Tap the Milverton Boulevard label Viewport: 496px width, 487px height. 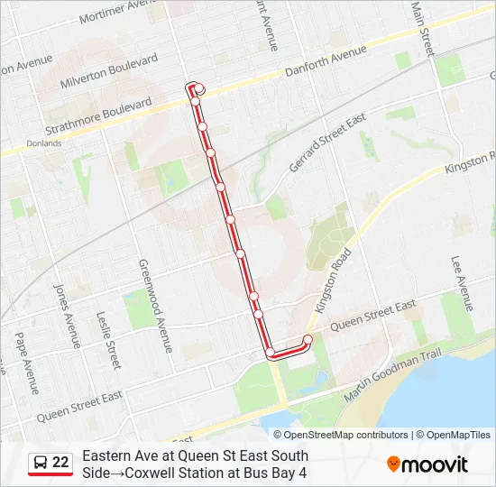point(110,71)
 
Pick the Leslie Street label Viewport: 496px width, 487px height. point(111,343)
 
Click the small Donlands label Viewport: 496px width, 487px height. point(43,142)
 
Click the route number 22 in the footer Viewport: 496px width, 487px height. point(60,463)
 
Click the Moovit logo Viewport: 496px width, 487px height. point(427,464)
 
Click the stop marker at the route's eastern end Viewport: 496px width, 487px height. point(307,340)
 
